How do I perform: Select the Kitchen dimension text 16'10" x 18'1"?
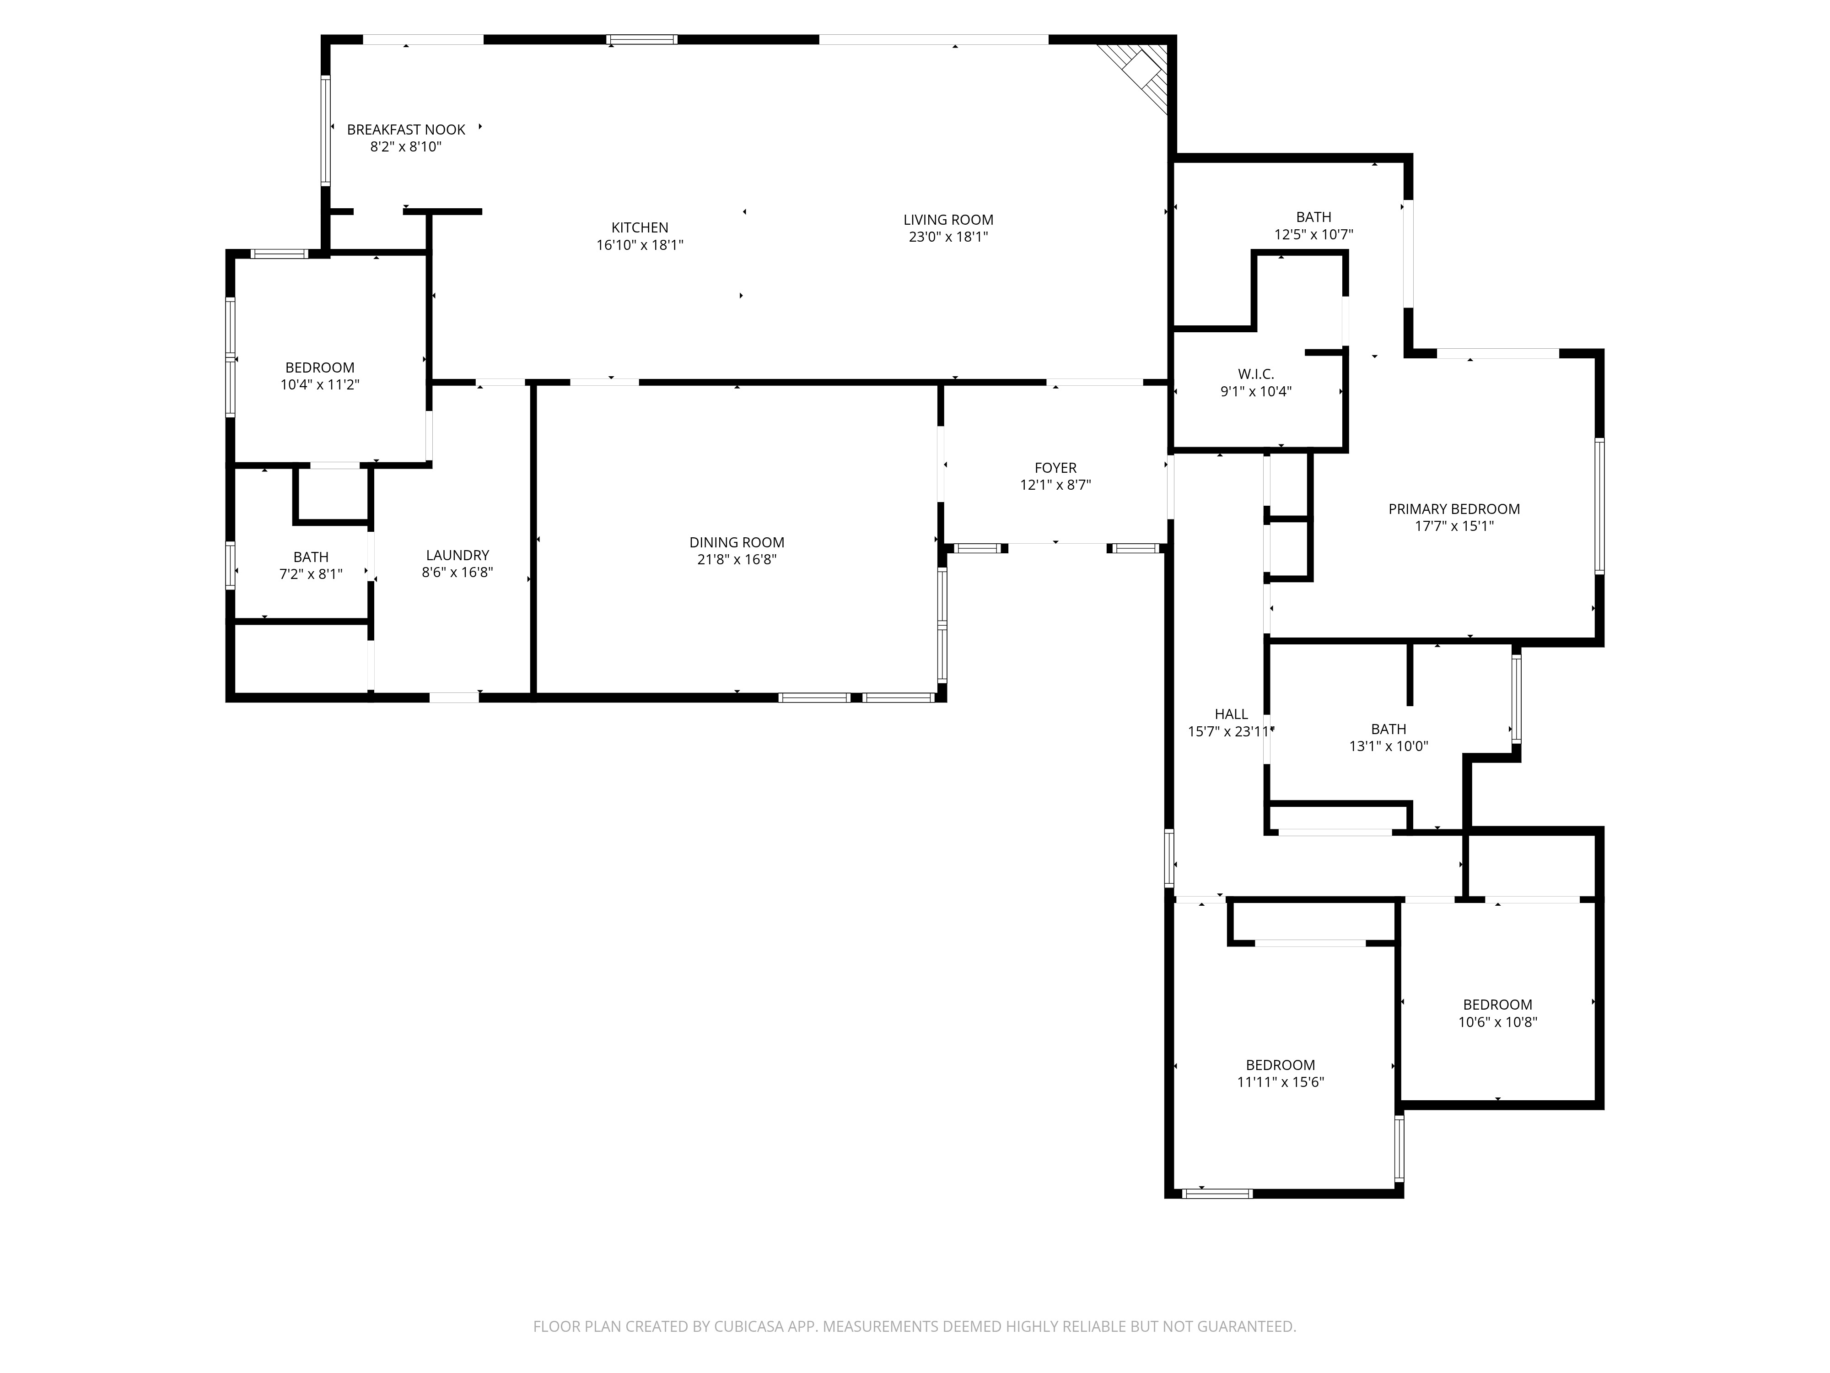coord(640,245)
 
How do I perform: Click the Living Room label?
coord(948,219)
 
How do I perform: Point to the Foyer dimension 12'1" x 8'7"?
coord(1055,485)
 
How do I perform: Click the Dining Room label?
coord(736,542)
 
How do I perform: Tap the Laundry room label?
coord(457,555)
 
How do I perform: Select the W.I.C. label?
coord(1256,374)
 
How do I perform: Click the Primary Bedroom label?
coord(1453,509)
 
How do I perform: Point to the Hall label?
coord(1231,714)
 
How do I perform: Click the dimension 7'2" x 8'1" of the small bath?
coord(311,573)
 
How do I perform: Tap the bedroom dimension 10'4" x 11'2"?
coord(319,385)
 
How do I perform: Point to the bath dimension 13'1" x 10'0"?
coord(1388,746)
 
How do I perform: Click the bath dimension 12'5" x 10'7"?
coord(1313,234)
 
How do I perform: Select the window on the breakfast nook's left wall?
coord(325,130)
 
